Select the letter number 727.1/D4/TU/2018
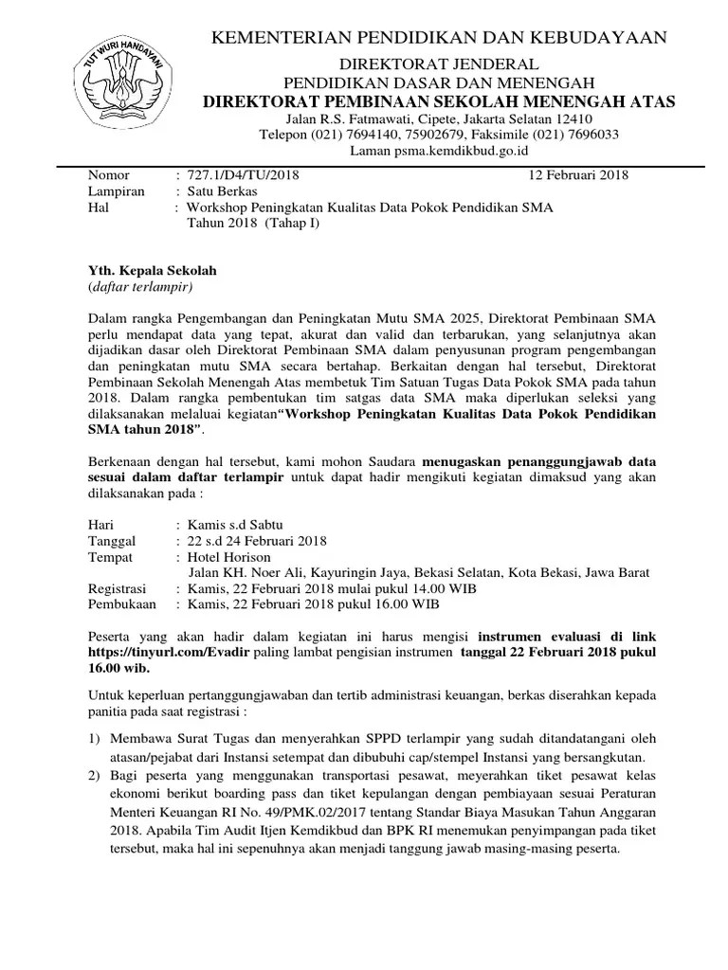(x=244, y=175)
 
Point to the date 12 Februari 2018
(x=578, y=175)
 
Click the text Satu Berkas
(x=223, y=190)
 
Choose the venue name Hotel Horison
(x=229, y=557)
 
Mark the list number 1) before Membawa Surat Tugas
(x=95, y=738)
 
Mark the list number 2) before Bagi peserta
(x=95, y=776)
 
